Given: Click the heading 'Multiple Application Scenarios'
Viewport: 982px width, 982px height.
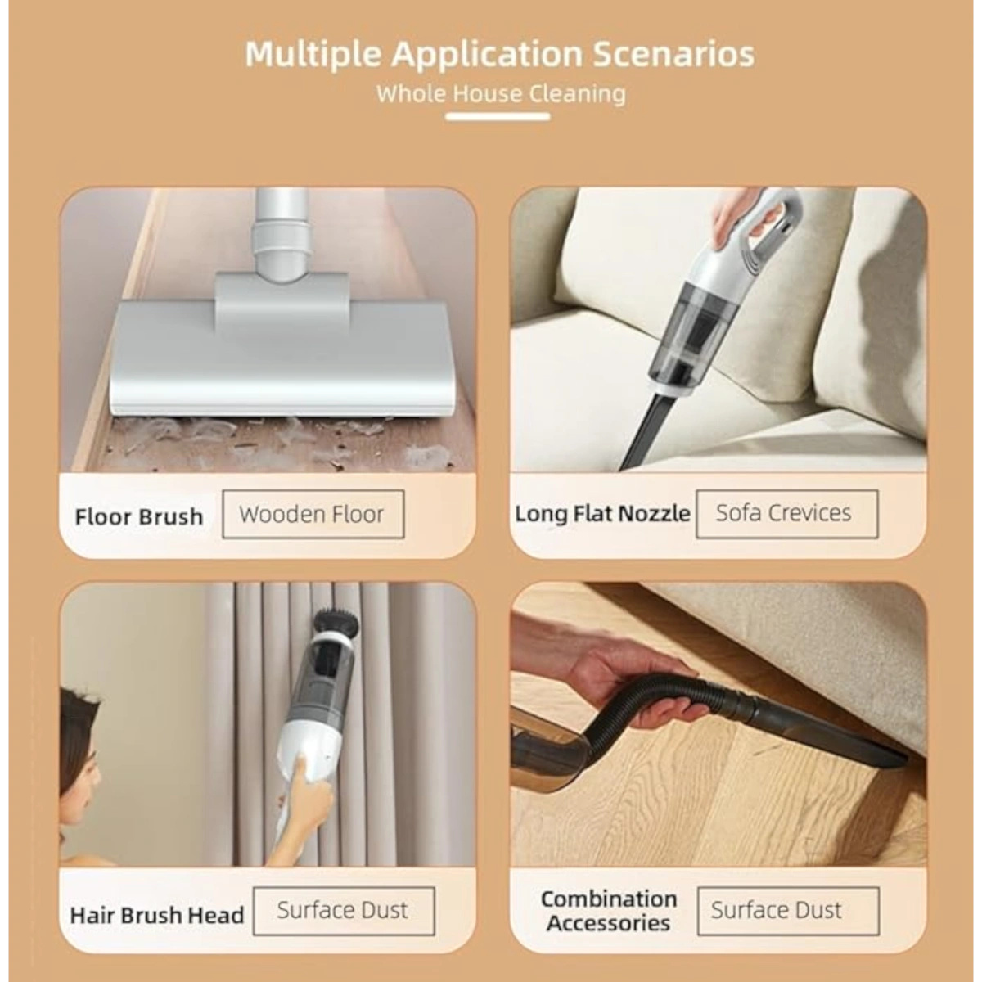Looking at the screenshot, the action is click(x=500, y=54).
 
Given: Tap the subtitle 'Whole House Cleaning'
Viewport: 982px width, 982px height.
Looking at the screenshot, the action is click(x=501, y=94).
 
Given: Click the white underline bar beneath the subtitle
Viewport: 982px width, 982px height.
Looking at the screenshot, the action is click(x=498, y=117).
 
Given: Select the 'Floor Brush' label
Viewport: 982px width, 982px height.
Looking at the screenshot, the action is click(x=138, y=516).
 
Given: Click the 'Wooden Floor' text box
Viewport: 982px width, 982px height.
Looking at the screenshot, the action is click(x=313, y=514).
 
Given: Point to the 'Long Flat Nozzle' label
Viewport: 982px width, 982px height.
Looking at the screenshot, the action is click(x=602, y=514).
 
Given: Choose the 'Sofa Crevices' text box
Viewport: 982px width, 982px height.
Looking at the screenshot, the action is click(x=787, y=514).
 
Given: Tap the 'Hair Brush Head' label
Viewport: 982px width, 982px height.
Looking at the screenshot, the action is click(x=157, y=915).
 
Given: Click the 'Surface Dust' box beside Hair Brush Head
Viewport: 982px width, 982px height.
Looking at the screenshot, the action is click(x=344, y=911).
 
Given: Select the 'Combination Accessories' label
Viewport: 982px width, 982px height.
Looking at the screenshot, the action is click(x=609, y=911).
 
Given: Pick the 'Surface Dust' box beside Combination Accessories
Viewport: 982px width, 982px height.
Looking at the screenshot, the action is click(x=788, y=911).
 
